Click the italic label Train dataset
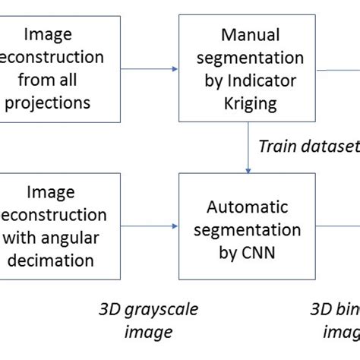pos(308,147)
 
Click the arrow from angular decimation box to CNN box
pos(149,226)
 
